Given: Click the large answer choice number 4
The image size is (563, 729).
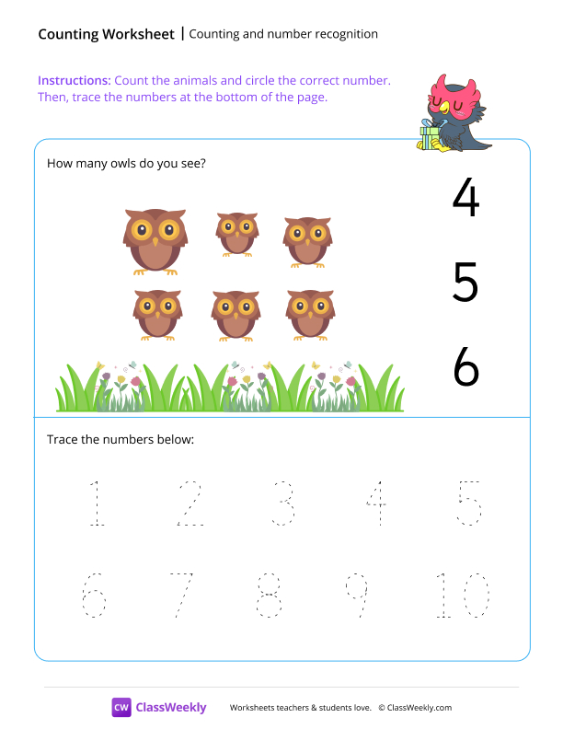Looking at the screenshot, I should point(466,198).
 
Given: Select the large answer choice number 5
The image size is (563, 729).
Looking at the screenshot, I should point(465,283).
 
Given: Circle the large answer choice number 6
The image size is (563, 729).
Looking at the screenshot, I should point(466,367).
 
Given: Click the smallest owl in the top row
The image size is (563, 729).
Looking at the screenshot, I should point(237,233).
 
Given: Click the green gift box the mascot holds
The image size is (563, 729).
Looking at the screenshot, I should point(430,138).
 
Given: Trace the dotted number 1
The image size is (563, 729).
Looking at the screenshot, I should point(96,503).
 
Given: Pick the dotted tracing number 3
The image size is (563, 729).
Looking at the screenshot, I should point(282,503).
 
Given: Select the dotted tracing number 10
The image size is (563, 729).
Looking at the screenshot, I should point(462,596).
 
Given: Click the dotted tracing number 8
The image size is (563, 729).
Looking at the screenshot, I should point(269,596).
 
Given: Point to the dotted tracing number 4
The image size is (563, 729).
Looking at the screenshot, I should point(375,503).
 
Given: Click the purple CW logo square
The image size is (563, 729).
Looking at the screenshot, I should point(121,707).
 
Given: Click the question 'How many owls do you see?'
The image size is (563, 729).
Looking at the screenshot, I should point(126,164).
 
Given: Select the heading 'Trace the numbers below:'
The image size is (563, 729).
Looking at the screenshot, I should point(121,440).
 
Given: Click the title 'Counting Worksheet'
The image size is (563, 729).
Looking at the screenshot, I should point(106,34).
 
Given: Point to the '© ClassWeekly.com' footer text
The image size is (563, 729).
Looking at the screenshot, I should point(415,708).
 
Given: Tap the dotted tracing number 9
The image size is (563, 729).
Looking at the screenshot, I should point(356,596).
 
